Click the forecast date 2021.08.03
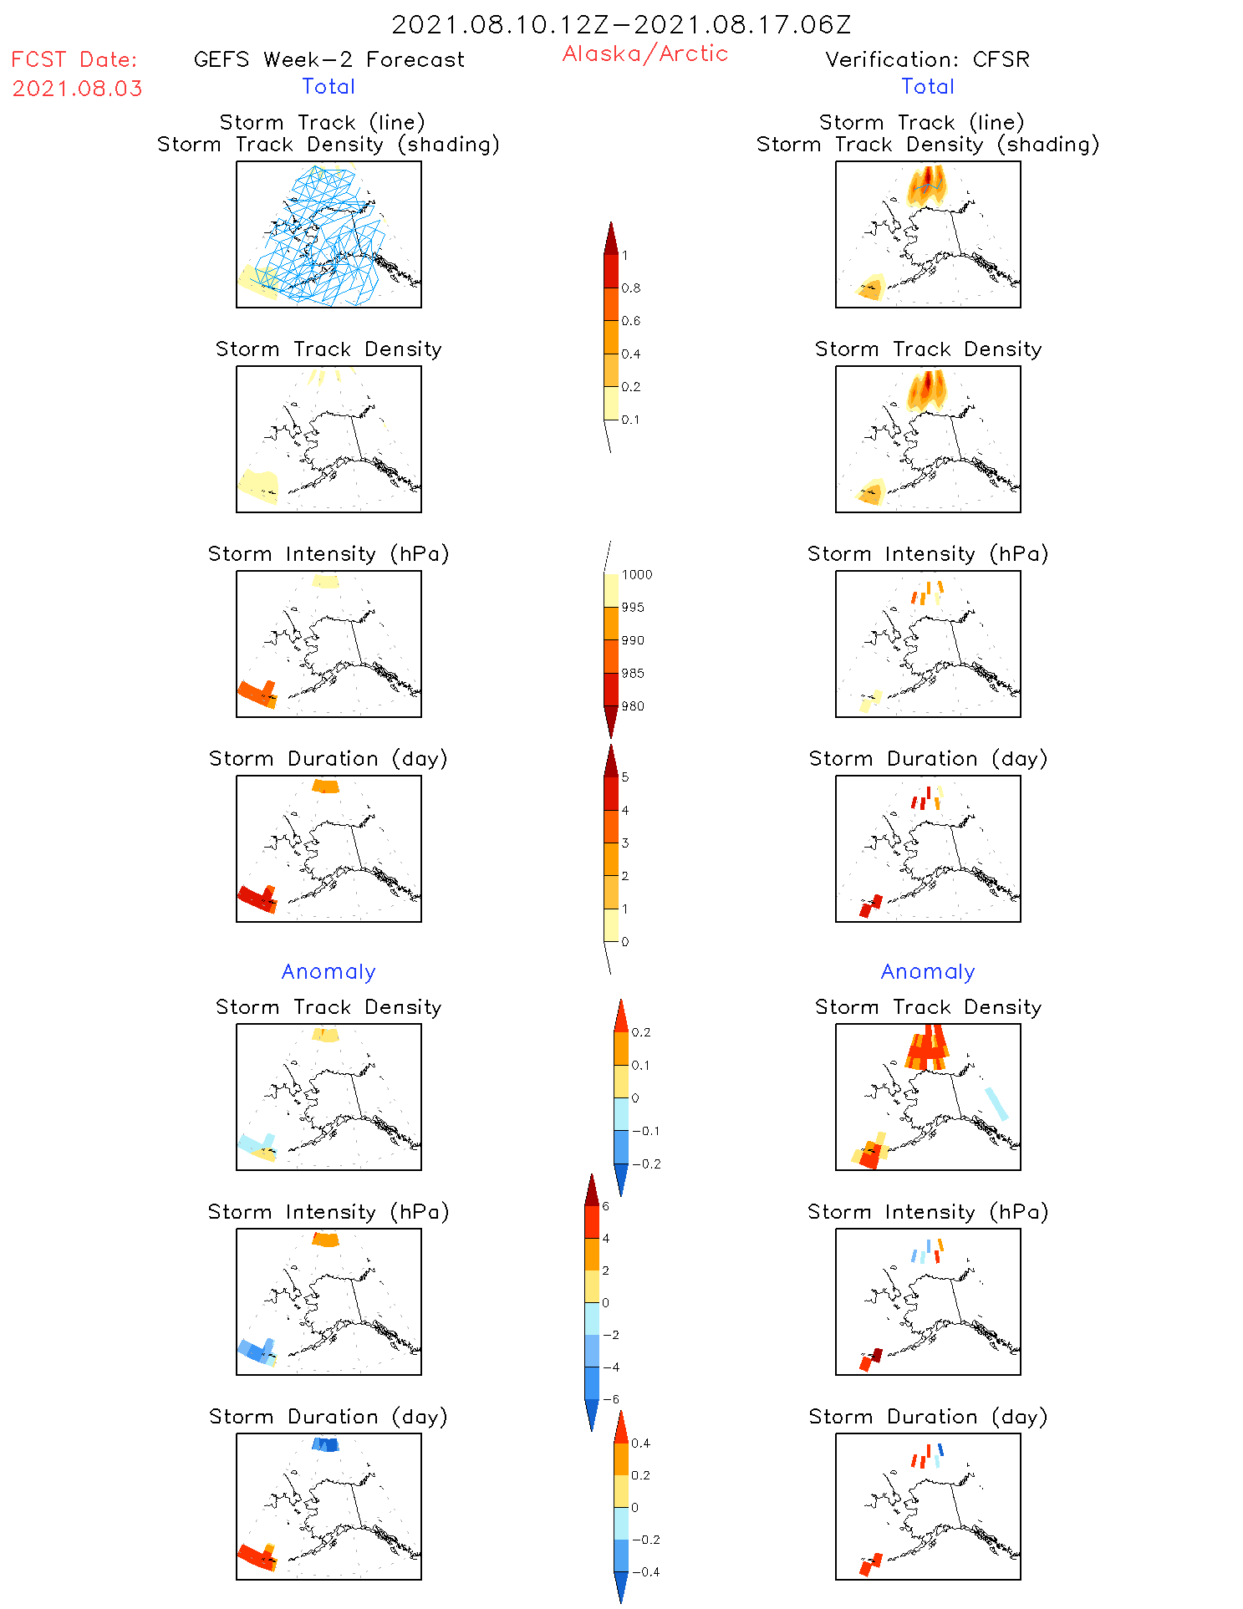point(78,89)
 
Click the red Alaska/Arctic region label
point(644,53)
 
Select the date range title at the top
point(621,24)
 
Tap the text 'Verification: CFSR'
point(927,59)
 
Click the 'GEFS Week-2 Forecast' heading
point(329,59)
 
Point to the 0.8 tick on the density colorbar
point(631,288)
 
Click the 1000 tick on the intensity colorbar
point(636,575)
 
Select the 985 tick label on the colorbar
point(633,674)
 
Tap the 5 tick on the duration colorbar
point(625,777)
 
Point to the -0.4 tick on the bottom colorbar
point(644,1572)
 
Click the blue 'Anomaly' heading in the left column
point(329,971)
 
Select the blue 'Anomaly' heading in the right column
point(928,971)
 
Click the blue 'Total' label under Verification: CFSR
point(928,86)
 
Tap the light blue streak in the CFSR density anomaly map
point(996,1104)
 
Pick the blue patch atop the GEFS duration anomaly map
point(325,1444)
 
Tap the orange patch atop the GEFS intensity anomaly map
point(325,1239)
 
